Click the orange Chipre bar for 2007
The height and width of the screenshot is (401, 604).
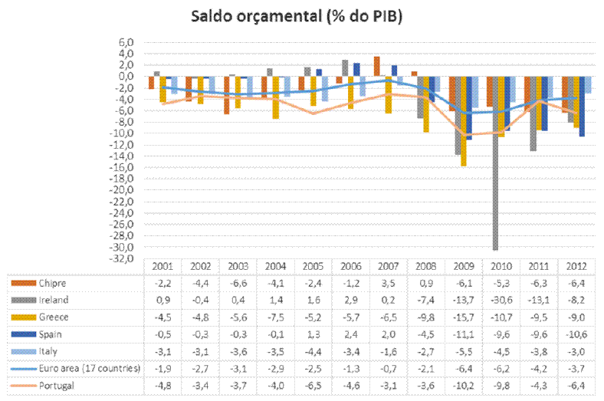(376, 67)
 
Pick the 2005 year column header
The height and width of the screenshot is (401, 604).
(312, 266)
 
